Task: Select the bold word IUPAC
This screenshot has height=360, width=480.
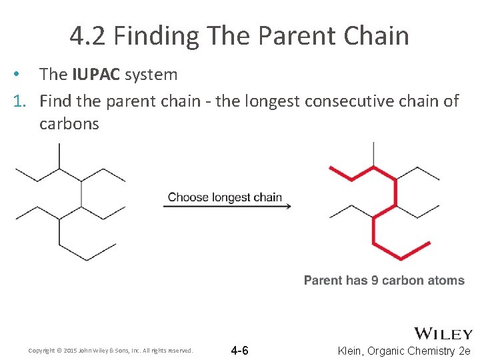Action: [x=97, y=74]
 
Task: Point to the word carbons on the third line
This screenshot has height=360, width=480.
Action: [x=69, y=123]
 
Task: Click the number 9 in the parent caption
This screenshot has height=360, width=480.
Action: [x=375, y=280]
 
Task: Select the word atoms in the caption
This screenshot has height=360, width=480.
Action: [x=446, y=280]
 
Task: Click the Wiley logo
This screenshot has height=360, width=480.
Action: [x=443, y=333]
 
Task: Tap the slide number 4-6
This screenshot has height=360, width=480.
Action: [x=239, y=351]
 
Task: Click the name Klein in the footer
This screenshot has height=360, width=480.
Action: [x=351, y=351]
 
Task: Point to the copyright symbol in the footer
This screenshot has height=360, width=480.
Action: [x=58, y=351]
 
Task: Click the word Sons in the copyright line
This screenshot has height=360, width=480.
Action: [x=125, y=351]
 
